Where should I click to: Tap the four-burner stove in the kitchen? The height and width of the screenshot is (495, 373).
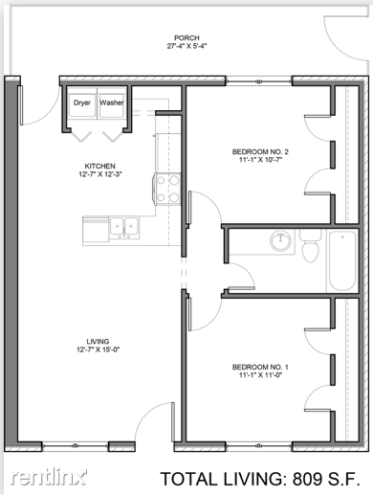coord(166,189)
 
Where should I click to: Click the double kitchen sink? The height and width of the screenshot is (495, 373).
coord(124,227)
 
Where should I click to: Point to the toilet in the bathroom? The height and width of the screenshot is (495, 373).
coord(310,246)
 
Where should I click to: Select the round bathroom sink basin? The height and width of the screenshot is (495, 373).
coord(280,241)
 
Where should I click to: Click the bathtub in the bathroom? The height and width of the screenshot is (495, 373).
coord(342,260)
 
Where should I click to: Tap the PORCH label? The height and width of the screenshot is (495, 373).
coord(186,38)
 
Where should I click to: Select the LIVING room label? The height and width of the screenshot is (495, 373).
coord(98,341)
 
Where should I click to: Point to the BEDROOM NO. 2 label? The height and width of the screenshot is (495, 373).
coord(260,151)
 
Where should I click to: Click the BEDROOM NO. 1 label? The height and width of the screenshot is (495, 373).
coord(260,367)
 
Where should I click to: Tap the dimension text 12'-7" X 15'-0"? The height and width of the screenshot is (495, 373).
coord(98,349)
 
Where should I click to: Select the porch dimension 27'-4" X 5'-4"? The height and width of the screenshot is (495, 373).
coord(186,46)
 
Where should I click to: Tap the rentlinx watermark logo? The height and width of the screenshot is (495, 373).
coord(49,477)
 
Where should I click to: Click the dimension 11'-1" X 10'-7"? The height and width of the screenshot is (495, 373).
coord(261,160)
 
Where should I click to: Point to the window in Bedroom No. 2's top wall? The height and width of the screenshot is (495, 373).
coord(259,81)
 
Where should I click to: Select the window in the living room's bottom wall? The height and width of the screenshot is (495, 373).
coord(76,446)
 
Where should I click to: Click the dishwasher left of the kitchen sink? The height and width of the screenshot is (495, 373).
coord(96,231)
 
